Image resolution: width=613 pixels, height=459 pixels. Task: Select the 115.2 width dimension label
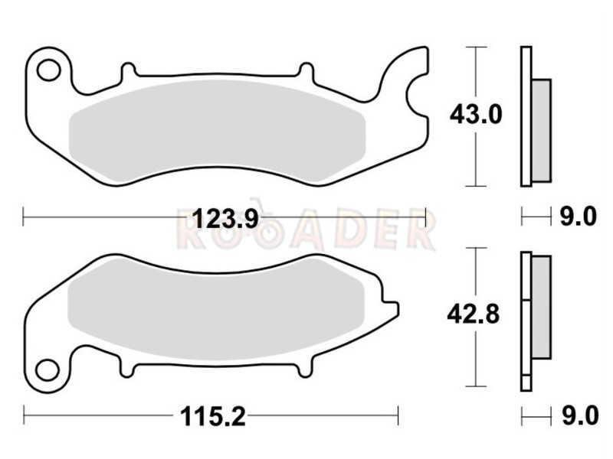[213, 416]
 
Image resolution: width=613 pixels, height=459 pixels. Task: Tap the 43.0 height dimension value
[476, 115]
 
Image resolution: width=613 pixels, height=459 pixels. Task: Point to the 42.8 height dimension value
[474, 314]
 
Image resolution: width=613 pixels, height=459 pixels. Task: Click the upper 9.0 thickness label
[579, 216]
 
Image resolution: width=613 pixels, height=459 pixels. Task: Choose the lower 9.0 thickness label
[580, 415]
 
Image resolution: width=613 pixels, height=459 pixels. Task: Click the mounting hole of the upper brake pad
[48, 70]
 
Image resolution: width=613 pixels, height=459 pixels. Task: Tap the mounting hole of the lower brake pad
[48, 369]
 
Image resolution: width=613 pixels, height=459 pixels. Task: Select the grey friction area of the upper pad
[218, 132]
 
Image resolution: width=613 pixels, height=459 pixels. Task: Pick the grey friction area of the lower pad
[216, 308]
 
